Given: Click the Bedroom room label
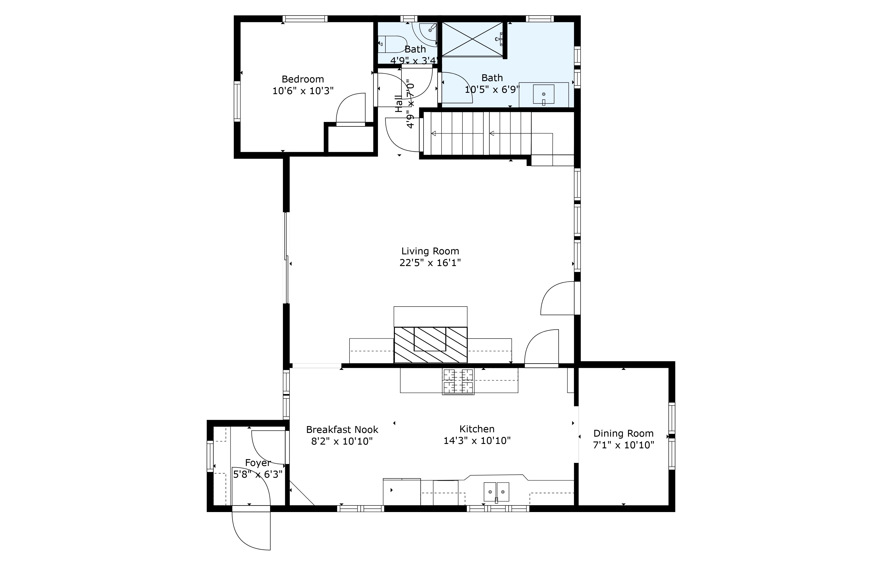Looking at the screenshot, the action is [x=303, y=79].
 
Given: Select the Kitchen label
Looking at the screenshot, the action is [x=477, y=429].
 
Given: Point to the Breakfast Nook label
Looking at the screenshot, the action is [x=342, y=429].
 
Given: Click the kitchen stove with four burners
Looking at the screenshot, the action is [x=458, y=381].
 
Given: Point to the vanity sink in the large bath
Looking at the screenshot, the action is [x=544, y=94].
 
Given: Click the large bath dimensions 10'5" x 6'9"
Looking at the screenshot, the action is [x=492, y=89].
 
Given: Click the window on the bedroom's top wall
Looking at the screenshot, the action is [x=305, y=19].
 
